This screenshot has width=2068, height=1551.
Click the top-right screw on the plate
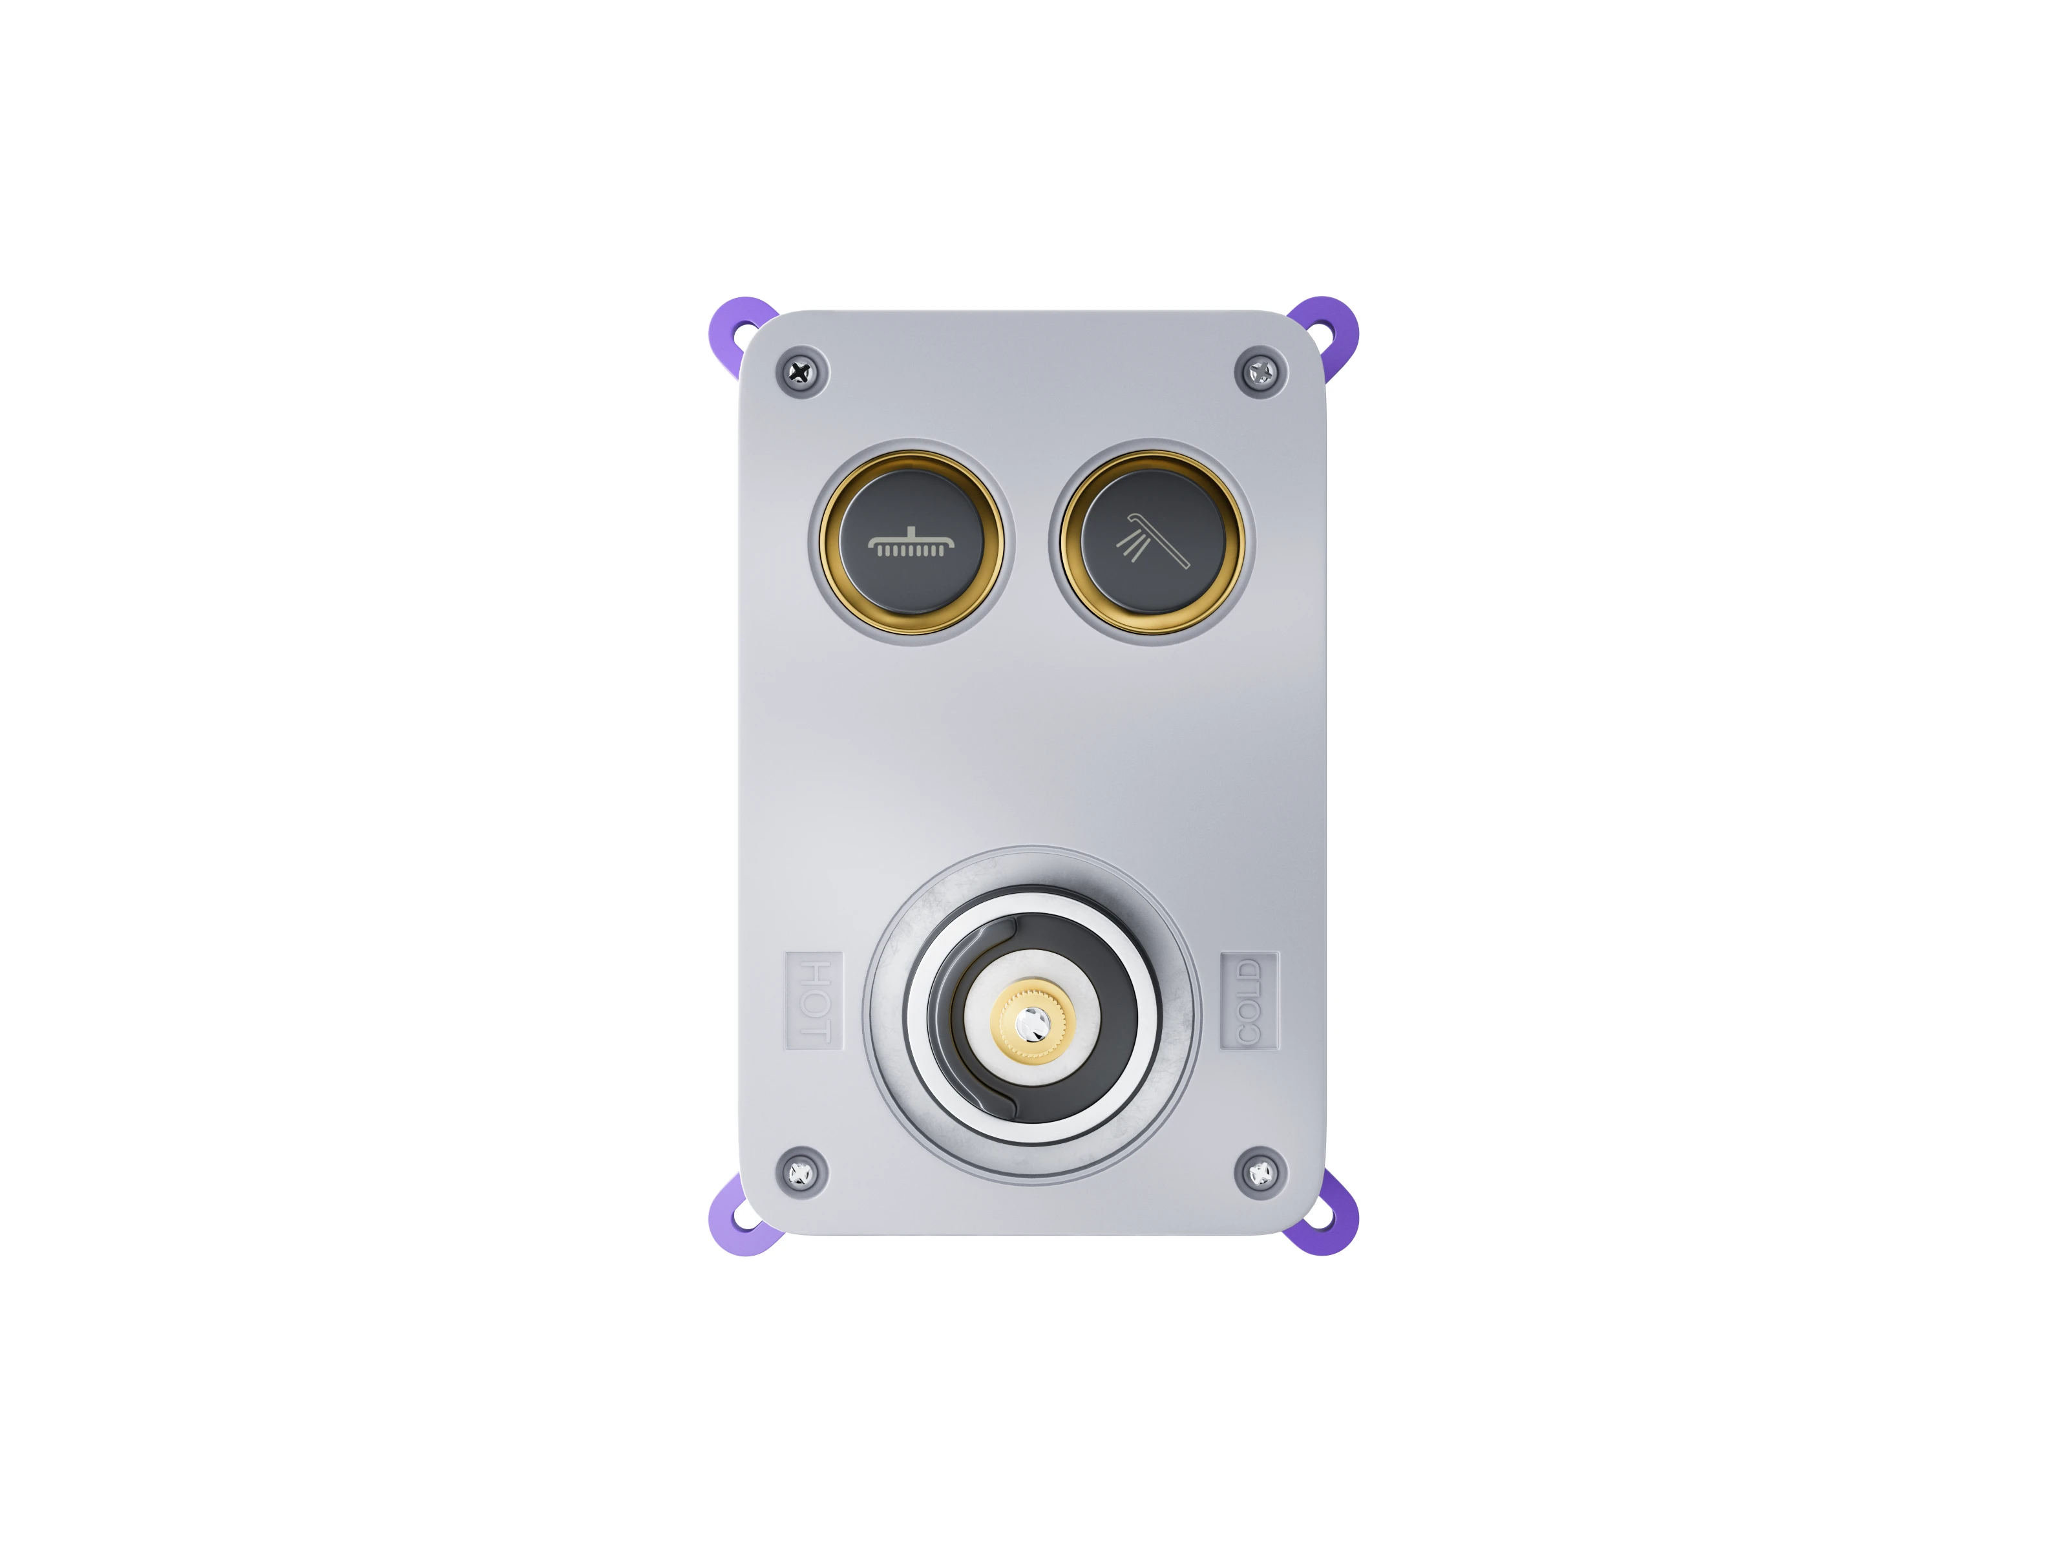(x=1261, y=373)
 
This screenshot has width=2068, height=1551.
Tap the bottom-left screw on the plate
(x=801, y=1172)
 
